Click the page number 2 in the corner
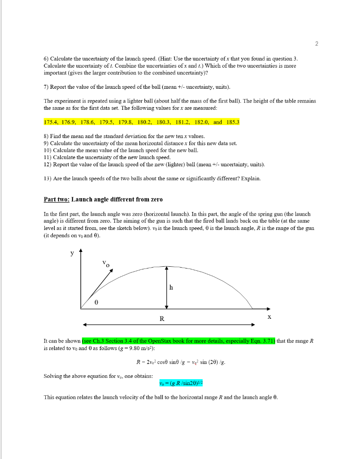pos(316,43)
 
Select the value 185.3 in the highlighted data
pos(233,122)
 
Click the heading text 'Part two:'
pos(56,199)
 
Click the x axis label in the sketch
pos(269,316)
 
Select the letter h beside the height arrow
pos(172,288)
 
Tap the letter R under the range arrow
pos(162,319)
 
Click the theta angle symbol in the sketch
pos(96,303)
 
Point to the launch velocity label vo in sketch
pos(105,264)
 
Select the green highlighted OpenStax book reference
pos(179,341)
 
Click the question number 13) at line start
pos(48,178)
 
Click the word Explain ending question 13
pos(250,178)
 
